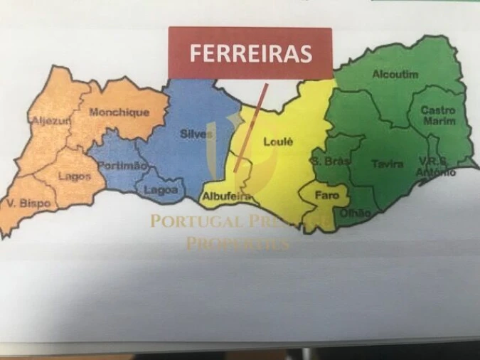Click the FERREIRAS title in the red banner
pyautogui.click(x=250, y=53)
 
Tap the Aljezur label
pyautogui.click(x=51, y=121)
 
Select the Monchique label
pyautogui.click(x=119, y=112)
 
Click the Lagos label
pyautogui.click(x=74, y=176)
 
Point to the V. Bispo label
pyautogui.click(x=28, y=203)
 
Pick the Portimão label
pyautogui.click(x=122, y=165)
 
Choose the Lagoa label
pyautogui.click(x=161, y=190)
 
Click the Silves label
pyautogui.click(x=196, y=134)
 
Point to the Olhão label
pyautogui.click(x=356, y=212)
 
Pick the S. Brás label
pyautogui.click(x=331, y=162)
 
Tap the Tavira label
pyautogui.click(x=388, y=164)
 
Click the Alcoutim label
pyautogui.click(x=395, y=74)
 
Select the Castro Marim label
pyautogui.click(x=438, y=115)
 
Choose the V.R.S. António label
pyautogui.click(x=437, y=166)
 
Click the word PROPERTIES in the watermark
pyautogui.click(x=238, y=243)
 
